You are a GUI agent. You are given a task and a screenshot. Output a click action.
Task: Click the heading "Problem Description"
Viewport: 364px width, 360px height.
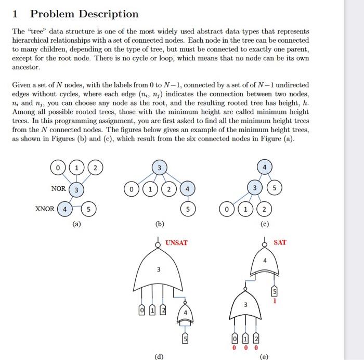(x=84, y=14)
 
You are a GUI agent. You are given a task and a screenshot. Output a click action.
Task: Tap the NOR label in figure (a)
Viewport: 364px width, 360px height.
(x=58, y=188)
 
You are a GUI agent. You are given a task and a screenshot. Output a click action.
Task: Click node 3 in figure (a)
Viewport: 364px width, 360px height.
(x=76, y=189)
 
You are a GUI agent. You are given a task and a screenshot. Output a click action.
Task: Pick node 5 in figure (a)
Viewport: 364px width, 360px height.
(x=89, y=210)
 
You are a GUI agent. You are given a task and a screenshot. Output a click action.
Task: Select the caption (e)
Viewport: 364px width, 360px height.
(x=265, y=356)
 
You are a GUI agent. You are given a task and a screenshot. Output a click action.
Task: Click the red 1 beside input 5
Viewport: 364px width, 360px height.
(x=275, y=301)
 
